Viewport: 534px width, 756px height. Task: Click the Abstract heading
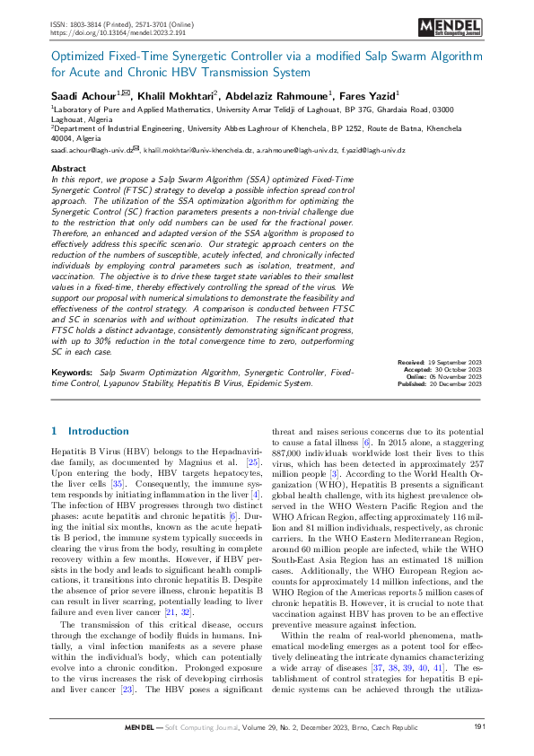pos(68,168)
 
